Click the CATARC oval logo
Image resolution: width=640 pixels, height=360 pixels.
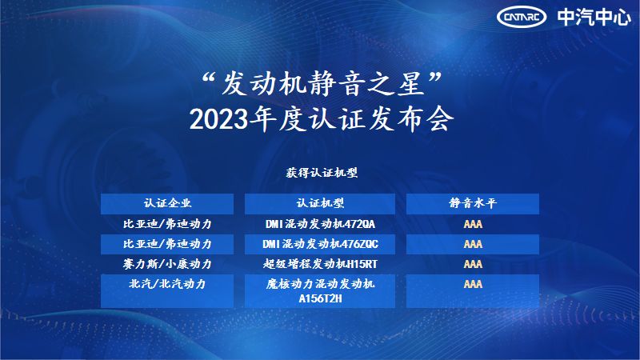[x=522, y=17]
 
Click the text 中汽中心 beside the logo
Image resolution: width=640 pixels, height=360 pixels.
[x=594, y=17]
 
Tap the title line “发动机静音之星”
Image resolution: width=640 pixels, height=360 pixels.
[x=322, y=84]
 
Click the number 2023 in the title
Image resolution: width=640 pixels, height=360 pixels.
[x=218, y=120]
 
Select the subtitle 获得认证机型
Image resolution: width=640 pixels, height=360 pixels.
[x=322, y=173]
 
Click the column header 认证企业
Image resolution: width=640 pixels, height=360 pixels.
[x=167, y=203]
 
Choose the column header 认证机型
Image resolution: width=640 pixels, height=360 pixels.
[x=320, y=203]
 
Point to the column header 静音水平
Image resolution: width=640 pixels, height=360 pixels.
[x=473, y=203]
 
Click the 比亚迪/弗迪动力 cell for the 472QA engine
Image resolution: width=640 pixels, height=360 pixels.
[x=167, y=224]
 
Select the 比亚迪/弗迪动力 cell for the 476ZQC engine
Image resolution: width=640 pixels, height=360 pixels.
[x=167, y=244]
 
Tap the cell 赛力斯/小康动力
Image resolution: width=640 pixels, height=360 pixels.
[x=167, y=264]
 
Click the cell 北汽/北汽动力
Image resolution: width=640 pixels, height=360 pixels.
[x=167, y=284]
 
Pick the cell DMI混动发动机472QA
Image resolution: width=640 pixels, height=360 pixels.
[x=320, y=224]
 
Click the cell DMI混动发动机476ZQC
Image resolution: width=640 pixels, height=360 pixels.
[x=320, y=244]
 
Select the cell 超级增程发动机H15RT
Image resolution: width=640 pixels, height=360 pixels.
[x=320, y=264]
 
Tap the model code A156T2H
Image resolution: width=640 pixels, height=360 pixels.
[x=320, y=298]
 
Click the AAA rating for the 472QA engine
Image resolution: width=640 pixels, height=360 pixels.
[x=473, y=224]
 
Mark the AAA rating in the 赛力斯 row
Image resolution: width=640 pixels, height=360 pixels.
[x=473, y=264]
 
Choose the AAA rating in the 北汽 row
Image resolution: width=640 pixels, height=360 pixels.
[x=473, y=284]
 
